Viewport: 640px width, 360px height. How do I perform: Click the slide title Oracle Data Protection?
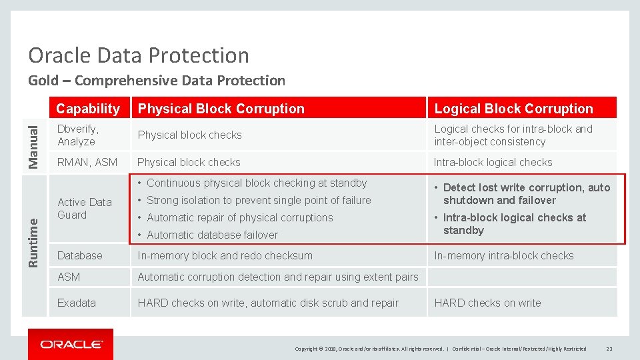[x=139, y=55]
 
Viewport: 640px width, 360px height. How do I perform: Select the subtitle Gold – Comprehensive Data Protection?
[x=156, y=81]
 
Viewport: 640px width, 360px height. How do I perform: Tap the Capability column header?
[x=88, y=109]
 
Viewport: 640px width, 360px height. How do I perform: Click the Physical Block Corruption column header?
[x=221, y=109]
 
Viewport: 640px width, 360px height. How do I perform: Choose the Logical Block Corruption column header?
[x=513, y=109]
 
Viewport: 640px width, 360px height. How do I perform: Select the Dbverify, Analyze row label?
[x=78, y=135]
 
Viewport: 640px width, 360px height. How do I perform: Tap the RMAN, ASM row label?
[x=87, y=162]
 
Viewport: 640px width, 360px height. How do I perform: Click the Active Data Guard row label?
[x=85, y=209]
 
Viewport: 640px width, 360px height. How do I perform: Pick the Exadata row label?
[x=77, y=303]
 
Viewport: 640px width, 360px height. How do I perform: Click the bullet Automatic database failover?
[x=212, y=235]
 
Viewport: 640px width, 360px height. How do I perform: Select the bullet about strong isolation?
[x=259, y=200]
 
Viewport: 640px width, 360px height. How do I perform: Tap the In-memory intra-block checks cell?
[x=503, y=255]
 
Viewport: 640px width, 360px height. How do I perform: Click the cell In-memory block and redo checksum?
[x=225, y=255]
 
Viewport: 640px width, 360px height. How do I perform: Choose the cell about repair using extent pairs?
[x=278, y=277]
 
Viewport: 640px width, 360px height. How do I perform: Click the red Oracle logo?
[x=71, y=344]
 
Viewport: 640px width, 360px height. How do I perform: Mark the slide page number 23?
[x=609, y=349]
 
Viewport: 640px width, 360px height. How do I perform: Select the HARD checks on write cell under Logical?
[x=487, y=303]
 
